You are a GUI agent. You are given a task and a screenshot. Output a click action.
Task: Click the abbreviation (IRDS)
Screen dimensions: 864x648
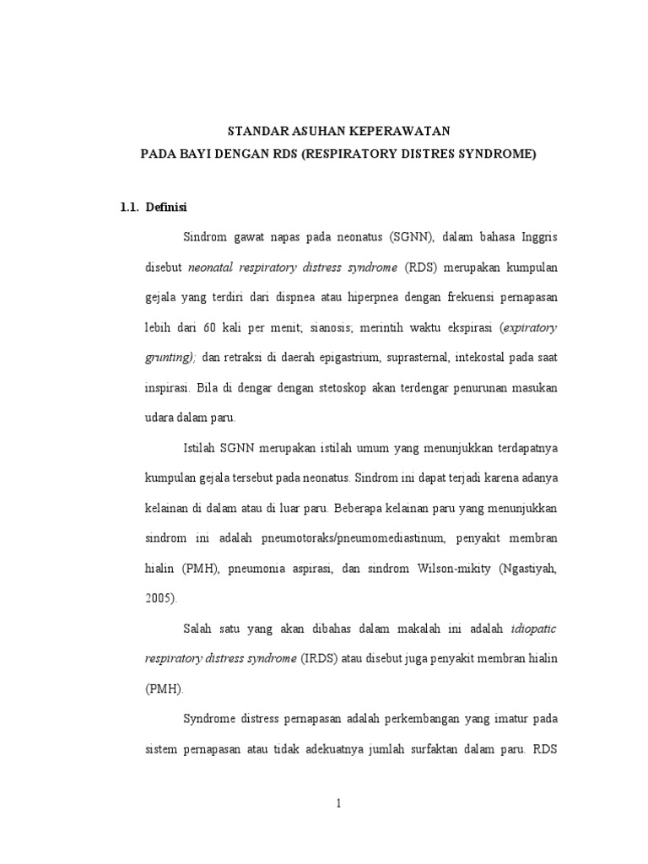320,657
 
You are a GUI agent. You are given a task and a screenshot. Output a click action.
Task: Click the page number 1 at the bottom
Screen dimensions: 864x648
338,804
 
